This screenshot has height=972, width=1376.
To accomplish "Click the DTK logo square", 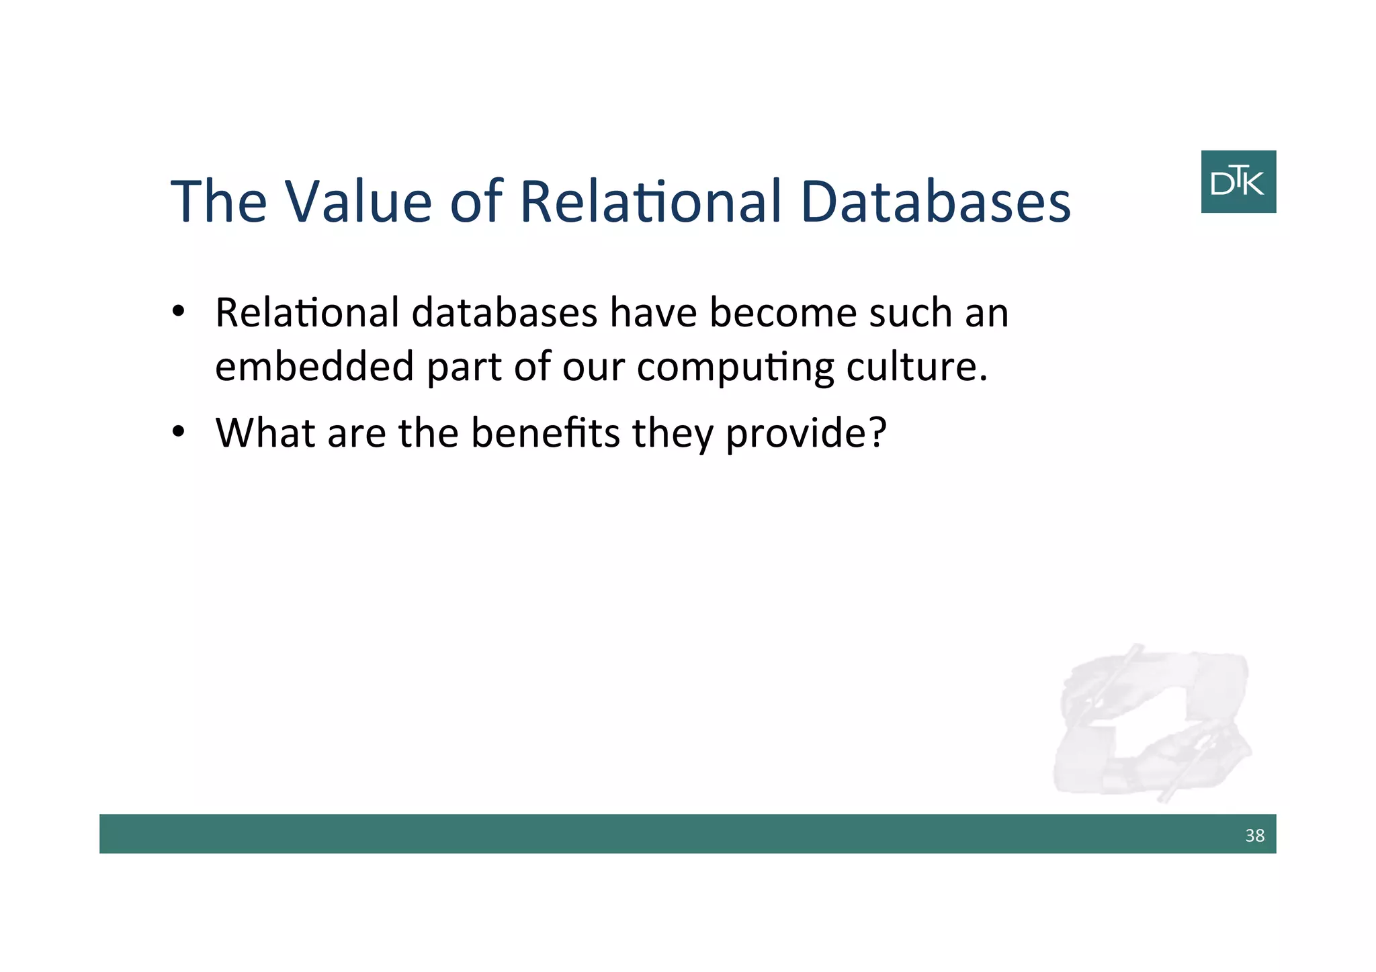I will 1238,182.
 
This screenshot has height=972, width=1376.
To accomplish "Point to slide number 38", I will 1254,835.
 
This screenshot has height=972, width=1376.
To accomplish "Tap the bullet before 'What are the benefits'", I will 178,432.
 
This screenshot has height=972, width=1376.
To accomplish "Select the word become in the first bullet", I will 783,313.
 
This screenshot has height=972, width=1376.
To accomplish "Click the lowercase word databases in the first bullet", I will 504,313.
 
